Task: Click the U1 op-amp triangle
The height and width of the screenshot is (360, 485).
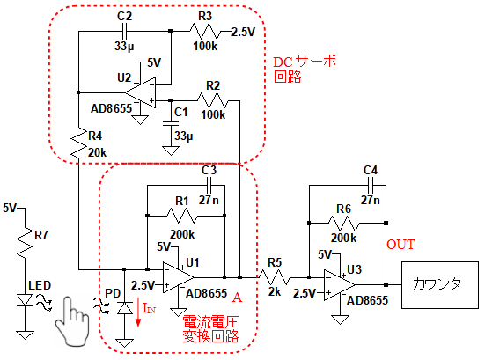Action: [178, 277]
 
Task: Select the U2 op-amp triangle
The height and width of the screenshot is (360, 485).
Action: [141, 92]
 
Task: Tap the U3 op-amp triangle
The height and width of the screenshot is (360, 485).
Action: [339, 285]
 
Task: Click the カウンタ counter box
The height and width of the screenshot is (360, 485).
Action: [440, 285]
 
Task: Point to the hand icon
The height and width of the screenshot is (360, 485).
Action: [72, 321]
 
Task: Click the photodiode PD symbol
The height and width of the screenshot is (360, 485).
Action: [124, 308]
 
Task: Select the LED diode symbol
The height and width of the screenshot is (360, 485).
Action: [25, 300]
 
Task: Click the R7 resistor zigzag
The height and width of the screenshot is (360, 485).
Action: [25, 242]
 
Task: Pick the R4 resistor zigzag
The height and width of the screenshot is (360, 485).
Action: [78, 142]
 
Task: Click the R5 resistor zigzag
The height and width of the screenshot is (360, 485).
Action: [274, 277]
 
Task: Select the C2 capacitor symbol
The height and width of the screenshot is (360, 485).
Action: [124, 31]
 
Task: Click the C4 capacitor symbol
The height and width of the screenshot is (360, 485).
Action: [371, 185]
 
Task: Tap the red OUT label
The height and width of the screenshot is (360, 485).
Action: [400, 245]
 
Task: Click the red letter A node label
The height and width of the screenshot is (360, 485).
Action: [237, 298]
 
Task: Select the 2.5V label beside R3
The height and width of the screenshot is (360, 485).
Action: [244, 32]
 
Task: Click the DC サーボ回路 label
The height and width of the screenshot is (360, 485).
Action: [305, 70]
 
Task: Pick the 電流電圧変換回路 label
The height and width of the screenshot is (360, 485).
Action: [210, 329]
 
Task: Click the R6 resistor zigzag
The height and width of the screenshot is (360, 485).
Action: [343, 223]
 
